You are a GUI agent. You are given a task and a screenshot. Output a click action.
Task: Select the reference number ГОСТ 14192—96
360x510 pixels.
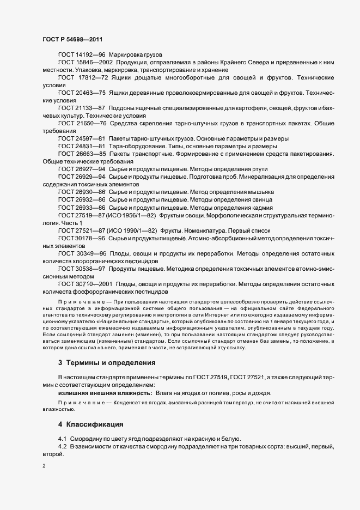82,55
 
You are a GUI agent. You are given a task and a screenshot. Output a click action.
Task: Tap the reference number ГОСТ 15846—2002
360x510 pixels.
85,63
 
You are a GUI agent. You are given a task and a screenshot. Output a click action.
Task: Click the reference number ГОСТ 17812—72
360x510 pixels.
83,78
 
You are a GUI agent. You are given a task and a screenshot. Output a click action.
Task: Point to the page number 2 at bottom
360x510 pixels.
44,466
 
